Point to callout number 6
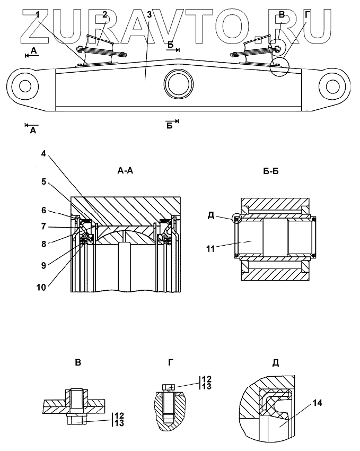pyautogui.click(x=45, y=210)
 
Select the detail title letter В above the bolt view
pyautogui.click(x=78, y=363)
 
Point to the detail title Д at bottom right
pyautogui.click(x=275, y=363)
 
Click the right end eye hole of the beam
pyautogui.click(x=333, y=85)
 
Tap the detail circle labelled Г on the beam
pyautogui.click(x=279, y=67)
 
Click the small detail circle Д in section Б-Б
pyautogui.click(x=237, y=219)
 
